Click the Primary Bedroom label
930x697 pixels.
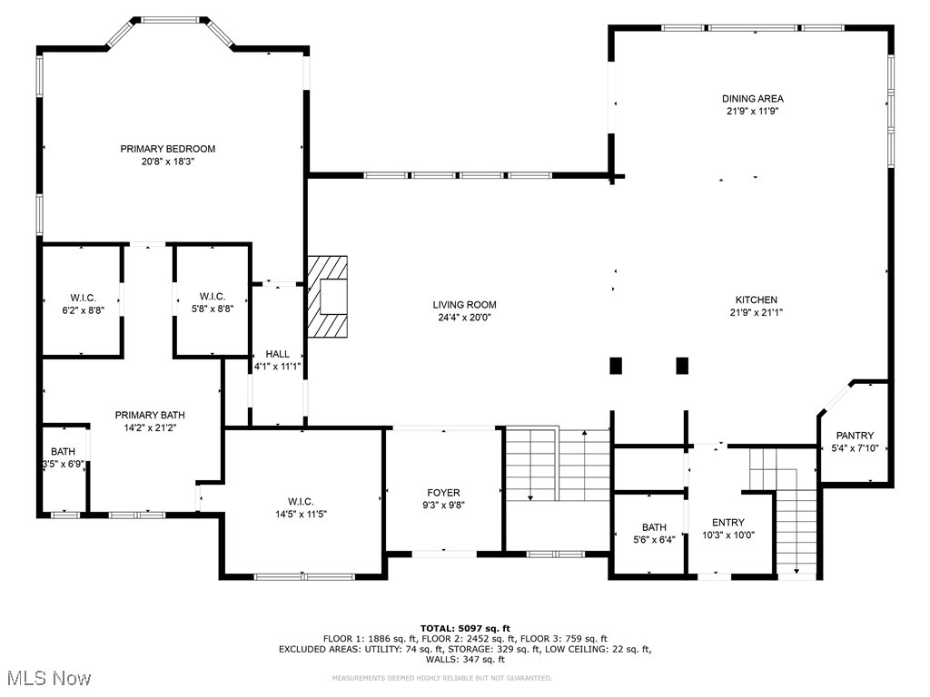tap(168, 149)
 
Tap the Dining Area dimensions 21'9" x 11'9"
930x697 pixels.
tap(752, 112)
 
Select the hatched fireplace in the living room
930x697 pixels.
tap(327, 297)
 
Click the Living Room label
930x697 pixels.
tap(464, 305)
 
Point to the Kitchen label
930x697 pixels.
tap(756, 300)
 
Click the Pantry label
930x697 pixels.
tap(855, 436)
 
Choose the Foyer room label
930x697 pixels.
tap(444, 494)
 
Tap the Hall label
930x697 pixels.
tap(277, 354)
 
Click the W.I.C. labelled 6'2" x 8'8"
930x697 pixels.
tap(83, 299)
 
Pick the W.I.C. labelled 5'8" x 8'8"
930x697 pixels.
tap(212, 297)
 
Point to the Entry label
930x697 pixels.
tap(727, 523)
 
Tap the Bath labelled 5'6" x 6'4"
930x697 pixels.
tap(654, 527)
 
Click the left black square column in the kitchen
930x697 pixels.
tap(616, 366)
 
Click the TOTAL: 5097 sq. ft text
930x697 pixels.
tap(464, 628)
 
